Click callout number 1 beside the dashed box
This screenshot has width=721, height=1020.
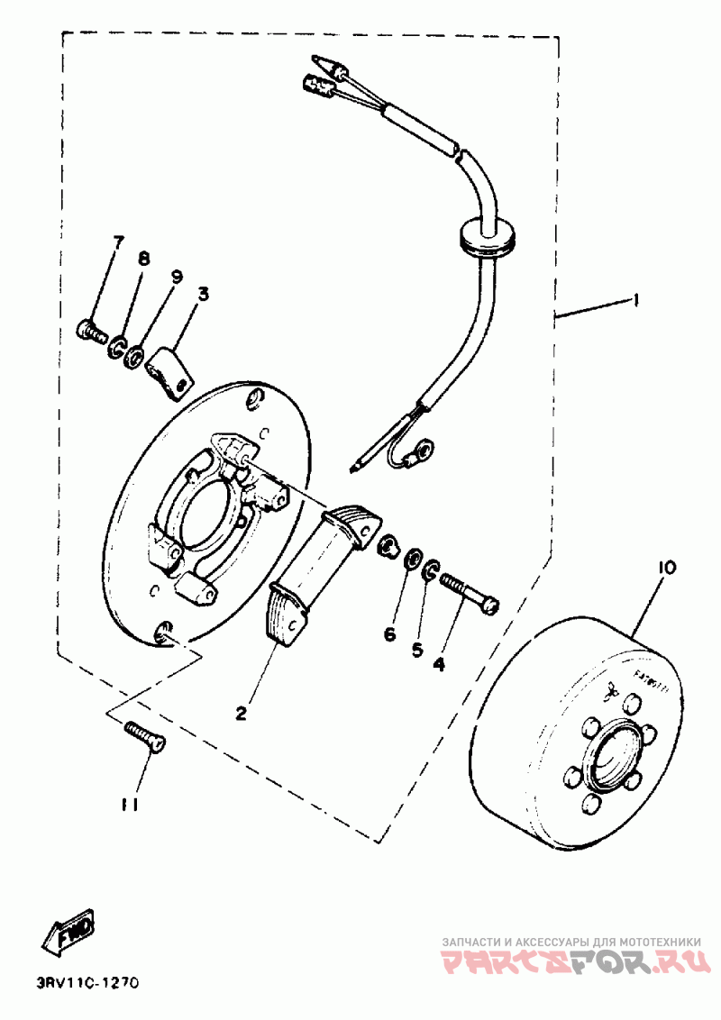(637, 301)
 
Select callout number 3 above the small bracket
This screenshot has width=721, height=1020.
(204, 294)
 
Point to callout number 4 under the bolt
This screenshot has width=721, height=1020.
(439, 664)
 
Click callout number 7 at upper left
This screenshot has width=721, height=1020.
(117, 241)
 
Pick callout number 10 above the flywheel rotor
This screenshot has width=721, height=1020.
(667, 568)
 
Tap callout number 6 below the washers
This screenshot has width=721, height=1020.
(389, 634)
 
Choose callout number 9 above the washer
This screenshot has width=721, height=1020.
(176, 276)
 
